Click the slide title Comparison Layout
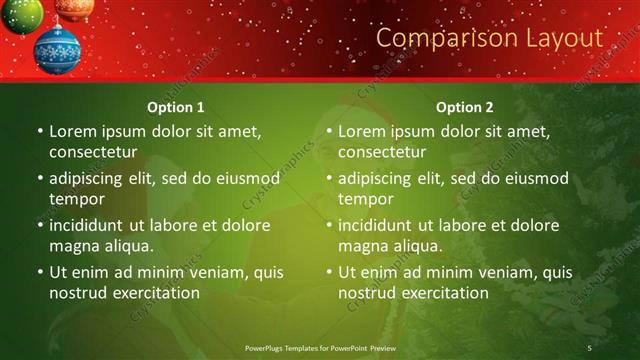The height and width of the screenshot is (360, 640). coord(489,38)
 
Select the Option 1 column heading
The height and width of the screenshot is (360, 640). coord(176,107)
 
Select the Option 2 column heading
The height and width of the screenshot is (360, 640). coord(465,107)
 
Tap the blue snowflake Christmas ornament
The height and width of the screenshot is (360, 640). coord(57,49)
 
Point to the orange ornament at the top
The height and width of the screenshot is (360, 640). coord(74,8)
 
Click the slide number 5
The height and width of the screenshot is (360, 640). coord(590,347)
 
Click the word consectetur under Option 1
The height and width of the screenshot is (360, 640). coord(93,152)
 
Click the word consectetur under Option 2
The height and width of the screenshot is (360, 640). coord(382,152)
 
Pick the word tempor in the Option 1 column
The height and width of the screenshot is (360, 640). coord(75,199)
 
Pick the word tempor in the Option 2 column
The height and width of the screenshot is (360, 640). coord(364,199)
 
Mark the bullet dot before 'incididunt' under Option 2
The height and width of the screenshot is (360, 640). coord(328,226)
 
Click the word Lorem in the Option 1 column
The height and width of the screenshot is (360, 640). coord(71,131)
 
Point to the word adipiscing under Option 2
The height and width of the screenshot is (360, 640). coord(376,179)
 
